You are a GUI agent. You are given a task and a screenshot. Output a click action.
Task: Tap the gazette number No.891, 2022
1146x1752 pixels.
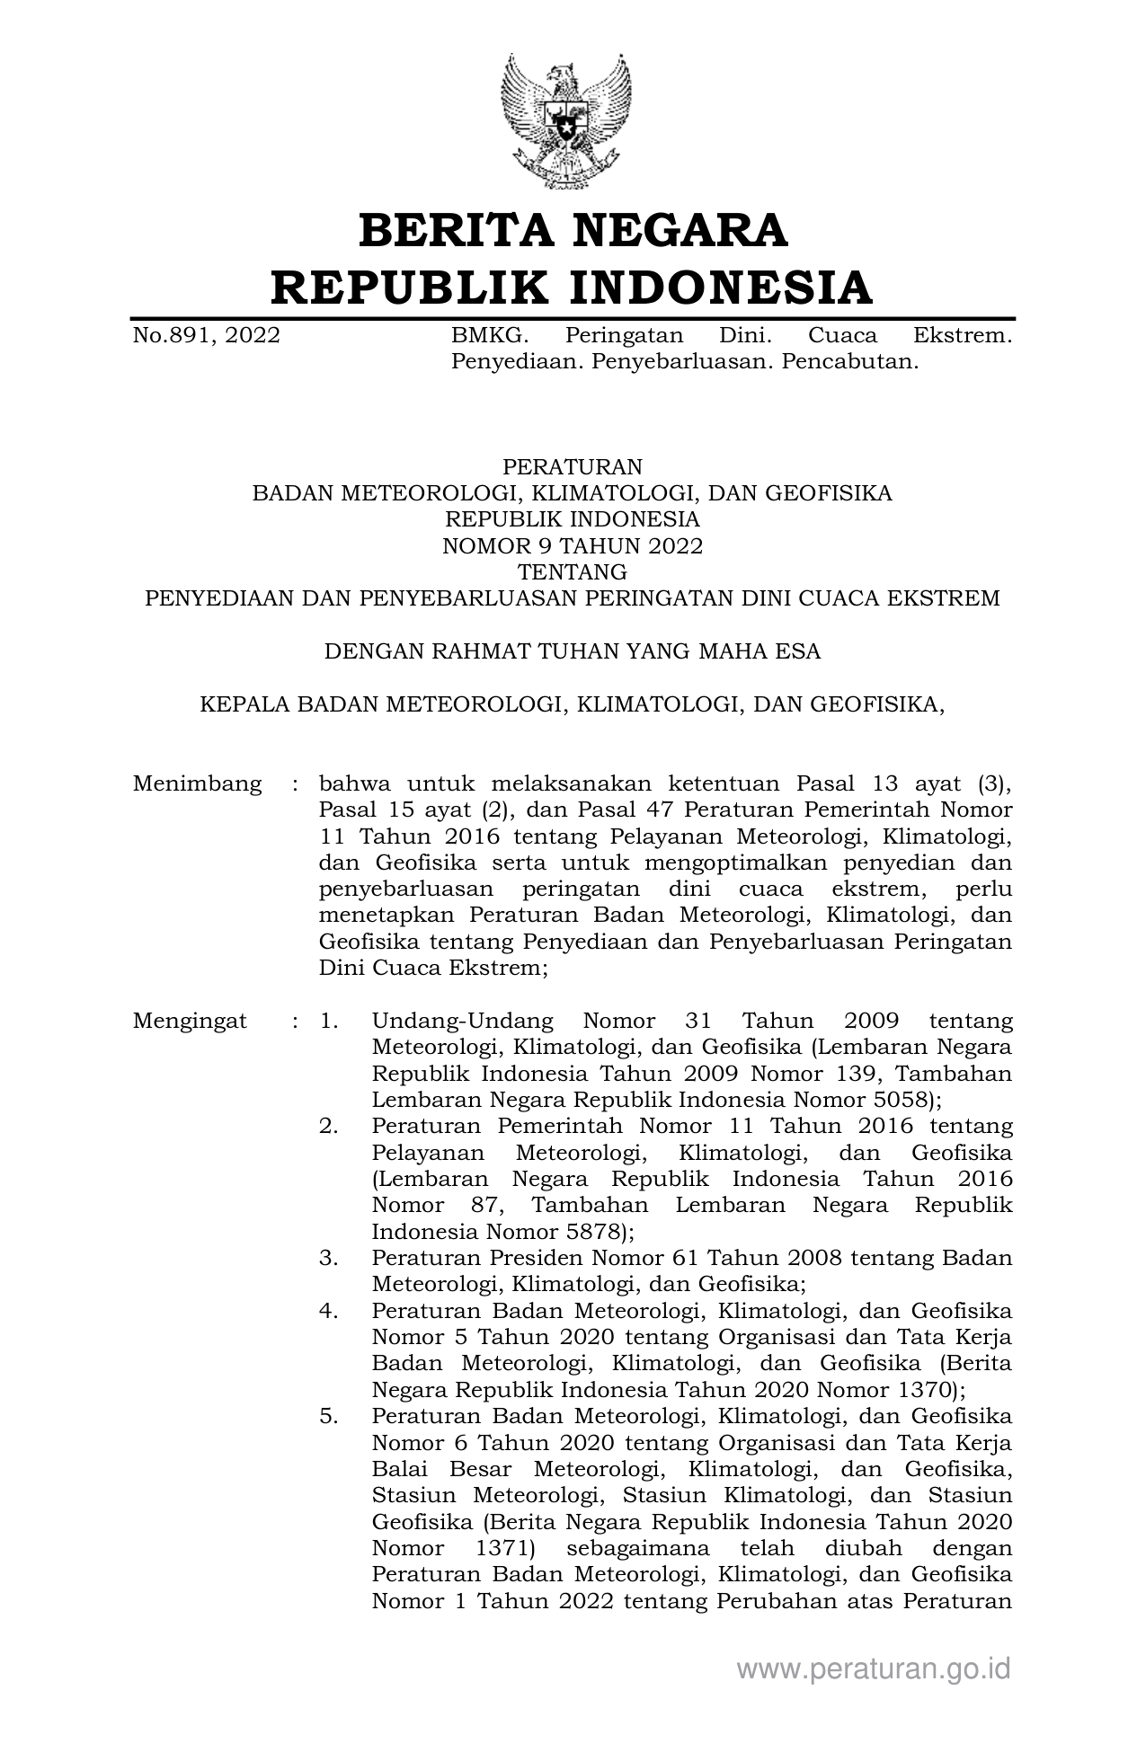[x=206, y=336]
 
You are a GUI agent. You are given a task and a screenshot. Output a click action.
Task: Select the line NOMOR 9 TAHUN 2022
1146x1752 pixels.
[x=573, y=546]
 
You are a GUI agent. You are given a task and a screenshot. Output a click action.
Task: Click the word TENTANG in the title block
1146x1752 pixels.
[x=573, y=572]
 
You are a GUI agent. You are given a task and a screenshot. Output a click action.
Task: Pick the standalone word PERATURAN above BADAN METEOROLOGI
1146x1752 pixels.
[x=573, y=467]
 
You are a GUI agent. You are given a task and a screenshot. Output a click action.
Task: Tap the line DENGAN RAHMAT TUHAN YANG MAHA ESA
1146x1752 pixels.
[x=573, y=651]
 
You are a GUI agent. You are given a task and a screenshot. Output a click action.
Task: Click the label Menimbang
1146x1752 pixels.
[x=197, y=783]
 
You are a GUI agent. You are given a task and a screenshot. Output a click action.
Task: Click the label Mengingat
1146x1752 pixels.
[x=190, y=1021]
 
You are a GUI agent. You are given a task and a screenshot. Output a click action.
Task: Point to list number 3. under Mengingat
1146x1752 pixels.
[x=329, y=1258]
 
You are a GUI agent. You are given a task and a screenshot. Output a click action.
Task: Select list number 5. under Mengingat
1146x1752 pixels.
[x=329, y=1416]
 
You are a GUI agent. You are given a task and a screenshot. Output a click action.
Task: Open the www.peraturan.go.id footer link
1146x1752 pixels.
[x=874, y=1669]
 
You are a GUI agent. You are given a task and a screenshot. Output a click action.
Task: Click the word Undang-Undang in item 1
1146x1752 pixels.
[x=462, y=1021]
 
